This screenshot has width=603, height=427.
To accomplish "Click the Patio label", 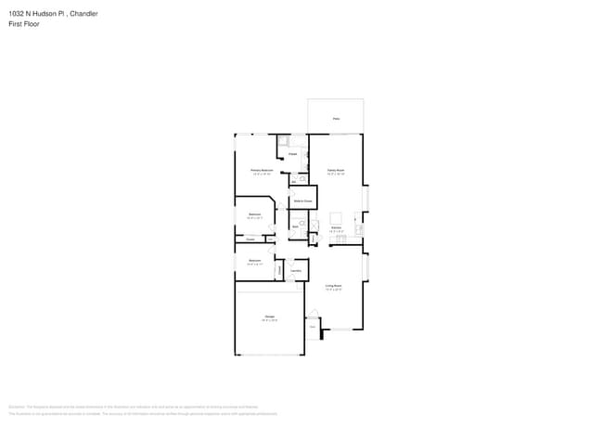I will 336,118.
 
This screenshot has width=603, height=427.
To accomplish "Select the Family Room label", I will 335,170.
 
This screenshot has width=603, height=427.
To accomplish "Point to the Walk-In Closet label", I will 302,201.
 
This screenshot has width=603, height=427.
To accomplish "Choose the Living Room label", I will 333,285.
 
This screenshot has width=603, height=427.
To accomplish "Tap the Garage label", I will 269,317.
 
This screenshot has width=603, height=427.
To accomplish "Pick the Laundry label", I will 296,270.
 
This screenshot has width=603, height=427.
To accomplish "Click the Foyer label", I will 313,327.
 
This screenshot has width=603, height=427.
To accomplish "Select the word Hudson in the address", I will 45,14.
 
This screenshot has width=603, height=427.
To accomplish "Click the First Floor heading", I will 21,25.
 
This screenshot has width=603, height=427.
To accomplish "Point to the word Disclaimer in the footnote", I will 16,407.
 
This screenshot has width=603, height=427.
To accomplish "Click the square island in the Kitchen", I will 336,218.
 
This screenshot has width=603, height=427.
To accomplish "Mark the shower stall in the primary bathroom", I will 283,142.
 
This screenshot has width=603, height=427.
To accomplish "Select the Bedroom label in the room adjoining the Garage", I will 254,261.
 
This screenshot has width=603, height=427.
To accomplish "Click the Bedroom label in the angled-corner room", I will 254,214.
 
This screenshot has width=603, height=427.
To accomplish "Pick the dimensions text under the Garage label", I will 269,321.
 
